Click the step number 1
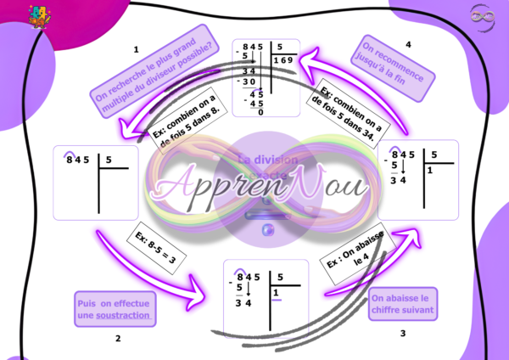click(137, 50)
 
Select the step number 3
click(403, 333)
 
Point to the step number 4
click(408, 43)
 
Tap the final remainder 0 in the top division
click(260, 112)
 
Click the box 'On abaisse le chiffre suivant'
click(404, 304)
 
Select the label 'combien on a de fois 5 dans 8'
click(184, 118)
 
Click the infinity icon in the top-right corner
click(481, 15)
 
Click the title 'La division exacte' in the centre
click(267, 166)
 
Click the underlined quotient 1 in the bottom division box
click(275, 294)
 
